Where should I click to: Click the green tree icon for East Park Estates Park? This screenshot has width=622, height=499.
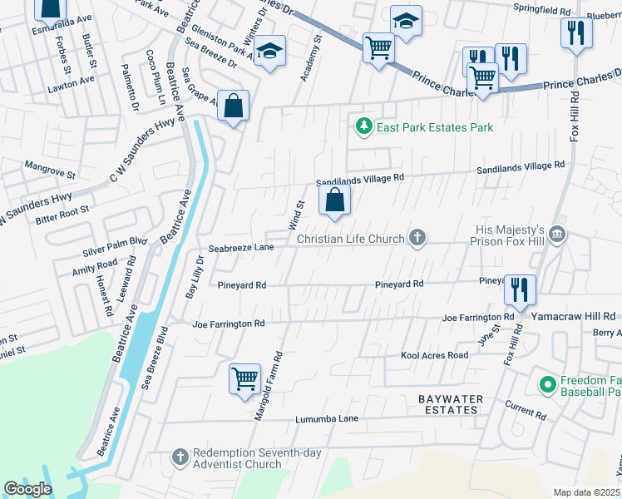[363, 127]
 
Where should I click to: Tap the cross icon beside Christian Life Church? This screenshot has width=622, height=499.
[417, 239]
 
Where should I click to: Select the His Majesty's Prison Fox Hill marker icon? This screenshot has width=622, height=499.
[557, 235]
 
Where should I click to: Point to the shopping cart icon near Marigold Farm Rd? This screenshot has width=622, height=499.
[245, 379]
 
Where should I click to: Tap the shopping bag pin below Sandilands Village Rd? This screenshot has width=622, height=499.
[334, 200]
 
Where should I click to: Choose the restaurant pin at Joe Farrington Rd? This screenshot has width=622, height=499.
[520, 290]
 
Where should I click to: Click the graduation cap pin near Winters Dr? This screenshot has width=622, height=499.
[270, 52]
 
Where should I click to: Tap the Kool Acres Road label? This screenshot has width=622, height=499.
[434, 355]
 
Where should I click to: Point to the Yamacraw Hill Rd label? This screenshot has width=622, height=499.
[574, 317]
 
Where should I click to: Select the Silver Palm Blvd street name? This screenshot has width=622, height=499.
[115, 246]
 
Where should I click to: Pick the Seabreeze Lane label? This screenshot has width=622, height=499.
[241, 248]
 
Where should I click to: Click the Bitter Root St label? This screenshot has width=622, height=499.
[62, 215]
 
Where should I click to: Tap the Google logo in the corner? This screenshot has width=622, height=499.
[27, 489]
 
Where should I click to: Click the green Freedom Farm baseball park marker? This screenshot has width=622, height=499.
[547, 385]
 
